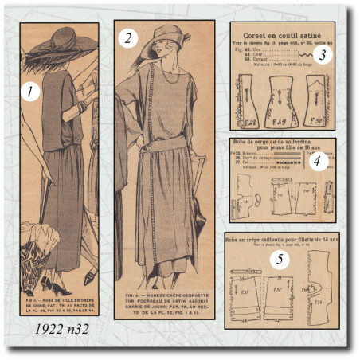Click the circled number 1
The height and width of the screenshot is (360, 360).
[29, 92]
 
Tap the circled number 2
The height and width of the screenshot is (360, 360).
[127, 37]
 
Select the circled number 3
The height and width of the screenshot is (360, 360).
[319, 55]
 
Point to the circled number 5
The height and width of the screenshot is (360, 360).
[279, 259]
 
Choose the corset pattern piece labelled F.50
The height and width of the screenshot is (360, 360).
[316, 101]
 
